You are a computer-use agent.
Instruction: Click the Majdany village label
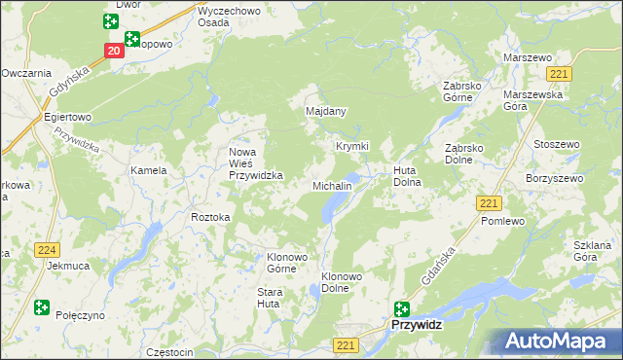[x=327, y=112]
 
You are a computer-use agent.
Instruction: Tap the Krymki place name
[x=352, y=146]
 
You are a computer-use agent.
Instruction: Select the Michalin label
[x=331, y=185]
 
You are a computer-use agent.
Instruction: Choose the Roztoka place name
[x=210, y=217]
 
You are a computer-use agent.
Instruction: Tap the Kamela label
[x=149, y=170]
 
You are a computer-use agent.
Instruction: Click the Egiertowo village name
[x=67, y=117]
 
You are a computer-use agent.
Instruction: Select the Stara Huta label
[x=270, y=298]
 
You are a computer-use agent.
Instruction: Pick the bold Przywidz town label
[x=417, y=327]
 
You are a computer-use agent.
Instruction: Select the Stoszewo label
[x=557, y=144]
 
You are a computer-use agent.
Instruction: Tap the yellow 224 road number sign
[x=46, y=250]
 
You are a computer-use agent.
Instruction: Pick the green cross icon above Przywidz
[x=401, y=308]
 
